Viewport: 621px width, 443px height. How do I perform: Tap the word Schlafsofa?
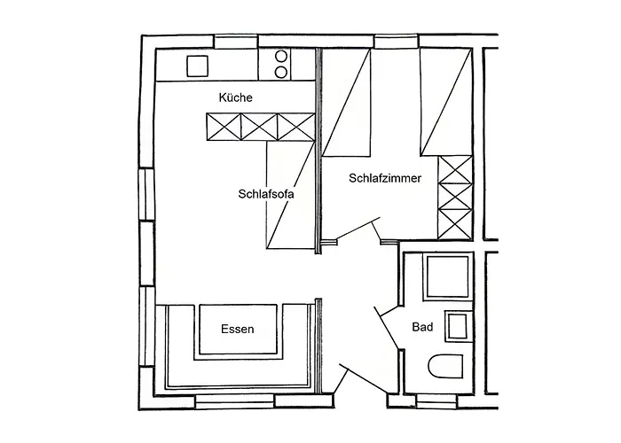[265, 194]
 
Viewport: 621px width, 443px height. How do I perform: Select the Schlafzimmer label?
[384, 178]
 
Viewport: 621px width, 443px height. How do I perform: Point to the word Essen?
[237, 330]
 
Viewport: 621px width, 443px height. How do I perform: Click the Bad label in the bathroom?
[423, 328]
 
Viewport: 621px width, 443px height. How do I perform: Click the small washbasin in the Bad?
[458, 326]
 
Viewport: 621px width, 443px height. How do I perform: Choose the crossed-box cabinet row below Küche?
[260, 127]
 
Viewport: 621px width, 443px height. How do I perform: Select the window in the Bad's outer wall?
[440, 402]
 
